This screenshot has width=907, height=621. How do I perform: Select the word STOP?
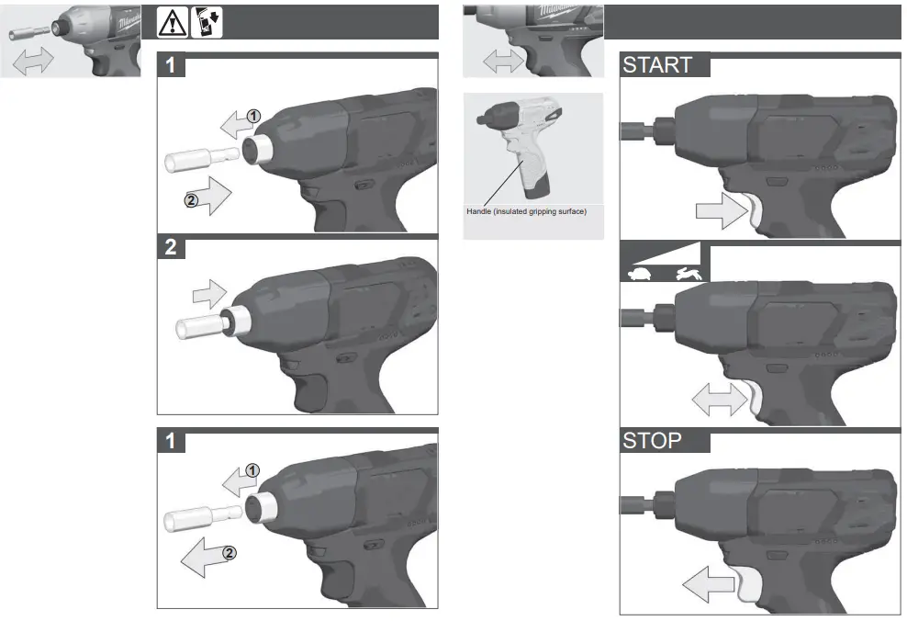tap(652, 440)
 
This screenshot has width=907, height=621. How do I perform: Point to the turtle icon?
tap(640, 273)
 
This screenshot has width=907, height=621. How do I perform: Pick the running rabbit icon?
tap(687, 273)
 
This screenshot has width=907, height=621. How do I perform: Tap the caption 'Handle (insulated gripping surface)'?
tap(526, 212)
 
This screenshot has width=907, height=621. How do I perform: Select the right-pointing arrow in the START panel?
tap(721, 212)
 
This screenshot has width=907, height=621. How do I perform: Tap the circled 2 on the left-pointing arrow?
tap(230, 553)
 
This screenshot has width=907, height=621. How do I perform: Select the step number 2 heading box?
tap(172, 247)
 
